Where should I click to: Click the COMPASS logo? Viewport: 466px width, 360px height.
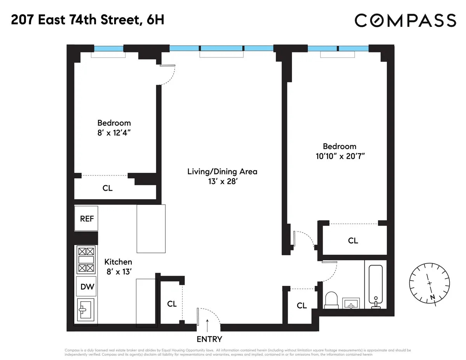(x=405, y=20)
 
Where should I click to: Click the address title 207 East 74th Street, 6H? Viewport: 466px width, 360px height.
(x=87, y=20)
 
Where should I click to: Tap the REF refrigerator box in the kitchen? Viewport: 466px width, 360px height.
(x=87, y=219)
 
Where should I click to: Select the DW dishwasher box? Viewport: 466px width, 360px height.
(x=86, y=287)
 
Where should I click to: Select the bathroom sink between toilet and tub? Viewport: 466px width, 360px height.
(x=351, y=303)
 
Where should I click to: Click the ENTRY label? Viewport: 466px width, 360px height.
(x=209, y=339)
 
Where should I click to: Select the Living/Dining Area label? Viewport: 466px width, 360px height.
(x=222, y=171)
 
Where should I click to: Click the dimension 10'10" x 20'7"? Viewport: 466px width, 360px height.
(x=340, y=156)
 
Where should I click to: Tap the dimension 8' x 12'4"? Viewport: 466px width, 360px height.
(x=114, y=132)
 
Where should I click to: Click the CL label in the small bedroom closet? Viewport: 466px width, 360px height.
(x=108, y=188)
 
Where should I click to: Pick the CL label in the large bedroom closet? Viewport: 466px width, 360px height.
(x=353, y=241)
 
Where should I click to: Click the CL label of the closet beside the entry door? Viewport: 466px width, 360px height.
(x=172, y=304)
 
